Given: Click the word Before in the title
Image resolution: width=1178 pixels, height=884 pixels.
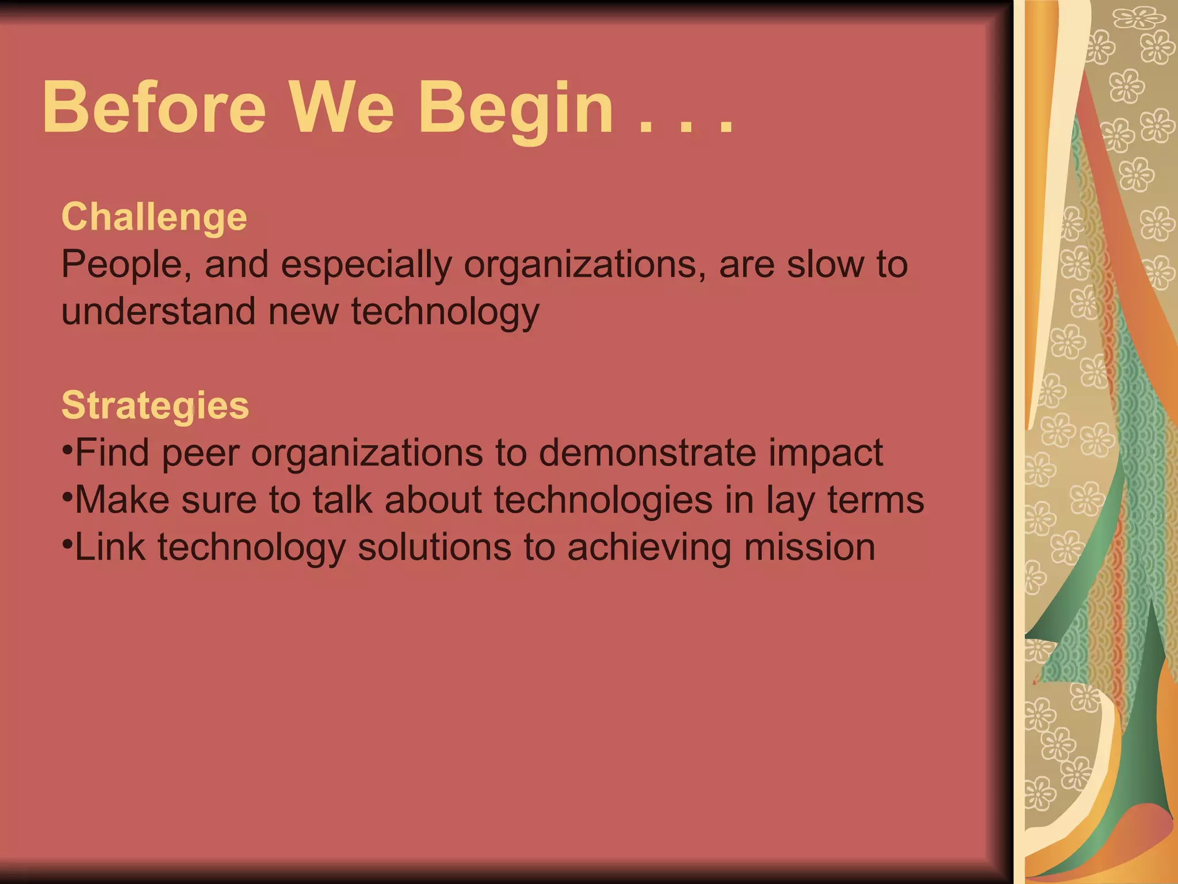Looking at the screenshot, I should pos(154,108).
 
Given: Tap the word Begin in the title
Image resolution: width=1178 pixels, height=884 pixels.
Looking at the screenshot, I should pos(516,109).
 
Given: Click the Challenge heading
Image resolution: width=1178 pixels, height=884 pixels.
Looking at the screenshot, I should pos(154,218).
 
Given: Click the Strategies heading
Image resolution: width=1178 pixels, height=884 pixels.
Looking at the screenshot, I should pos(155,406).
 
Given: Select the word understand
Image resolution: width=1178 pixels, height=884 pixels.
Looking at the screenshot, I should pos(158,311).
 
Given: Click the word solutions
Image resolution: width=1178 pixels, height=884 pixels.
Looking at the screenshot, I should pos(434,547).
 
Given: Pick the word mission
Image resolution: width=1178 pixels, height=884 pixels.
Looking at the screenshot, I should pos(810,547).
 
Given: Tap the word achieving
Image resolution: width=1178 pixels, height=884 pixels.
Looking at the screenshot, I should pos(649,548).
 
